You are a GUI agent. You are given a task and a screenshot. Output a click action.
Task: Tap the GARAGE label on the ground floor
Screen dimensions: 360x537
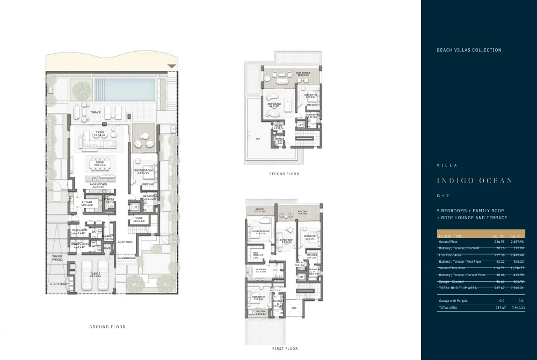[x=95, y=275]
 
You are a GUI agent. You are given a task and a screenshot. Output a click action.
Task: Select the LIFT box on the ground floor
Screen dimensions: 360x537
[x=135, y=207]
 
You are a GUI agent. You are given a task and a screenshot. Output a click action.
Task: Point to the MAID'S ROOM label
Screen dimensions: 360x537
[x=79, y=231]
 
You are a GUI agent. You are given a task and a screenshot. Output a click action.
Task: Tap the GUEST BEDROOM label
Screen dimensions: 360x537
[x=143, y=171]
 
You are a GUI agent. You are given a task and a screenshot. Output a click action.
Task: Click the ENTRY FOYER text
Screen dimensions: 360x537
[x=125, y=242]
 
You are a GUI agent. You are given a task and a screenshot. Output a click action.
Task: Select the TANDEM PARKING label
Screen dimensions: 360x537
[x=57, y=258]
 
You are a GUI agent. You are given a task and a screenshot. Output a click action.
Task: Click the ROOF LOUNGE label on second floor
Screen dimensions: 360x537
[x=274, y=105]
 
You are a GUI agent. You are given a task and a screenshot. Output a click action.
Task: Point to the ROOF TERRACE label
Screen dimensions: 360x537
[x=303, y=74]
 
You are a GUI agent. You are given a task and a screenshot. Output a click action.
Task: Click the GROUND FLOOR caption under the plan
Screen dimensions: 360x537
[x=107, y=327]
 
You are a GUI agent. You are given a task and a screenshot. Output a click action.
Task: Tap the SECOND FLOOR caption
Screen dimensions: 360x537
[x=284, y=174]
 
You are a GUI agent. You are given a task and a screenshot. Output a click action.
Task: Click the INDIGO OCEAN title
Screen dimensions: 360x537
[x=474, y=181]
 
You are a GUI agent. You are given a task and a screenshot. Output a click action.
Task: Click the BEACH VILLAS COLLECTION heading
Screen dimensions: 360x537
[x=469, y=50]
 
